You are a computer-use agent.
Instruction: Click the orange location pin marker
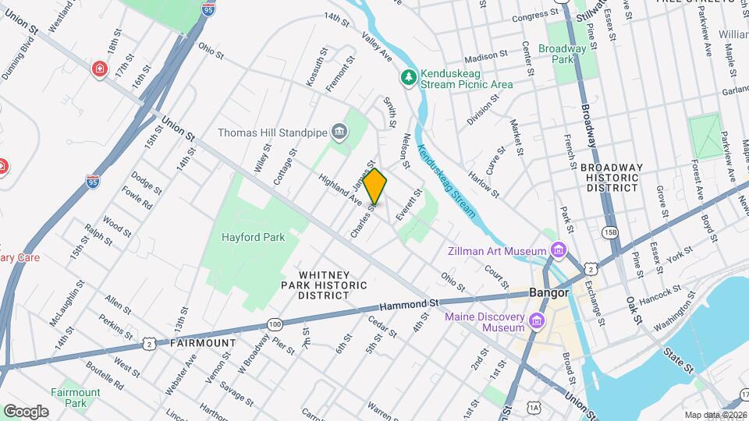[375, 186]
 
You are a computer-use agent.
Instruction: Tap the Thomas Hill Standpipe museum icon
[339, 132]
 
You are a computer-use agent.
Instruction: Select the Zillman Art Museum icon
[558, 251]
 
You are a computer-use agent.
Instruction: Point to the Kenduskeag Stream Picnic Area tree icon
[407, 77]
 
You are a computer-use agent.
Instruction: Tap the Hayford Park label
[253, 236]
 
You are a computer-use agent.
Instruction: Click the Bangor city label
[551, 293]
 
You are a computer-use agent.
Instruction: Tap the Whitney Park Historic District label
[324, 285]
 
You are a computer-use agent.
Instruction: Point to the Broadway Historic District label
[612, 179]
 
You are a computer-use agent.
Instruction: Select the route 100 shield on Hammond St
[274, 323]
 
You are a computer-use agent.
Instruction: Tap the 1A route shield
[534, 407]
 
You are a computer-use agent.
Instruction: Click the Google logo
[26, 411]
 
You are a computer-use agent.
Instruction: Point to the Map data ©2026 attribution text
[715, 415]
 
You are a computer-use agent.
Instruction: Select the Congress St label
[531, 16]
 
